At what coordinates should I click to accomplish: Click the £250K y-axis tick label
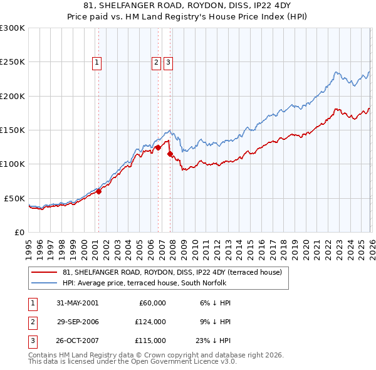pos(13,62)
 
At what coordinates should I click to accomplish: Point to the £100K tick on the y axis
pos(13,164)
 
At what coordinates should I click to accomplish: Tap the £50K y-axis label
pos(15,198)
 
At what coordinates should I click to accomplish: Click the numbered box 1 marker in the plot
pos(98,62)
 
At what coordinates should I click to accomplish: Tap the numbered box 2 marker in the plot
pos(156,62)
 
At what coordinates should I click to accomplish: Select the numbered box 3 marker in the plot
pos(169,62)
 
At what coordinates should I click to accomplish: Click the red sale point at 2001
pos(99,191)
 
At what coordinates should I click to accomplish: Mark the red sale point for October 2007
pos(170,154)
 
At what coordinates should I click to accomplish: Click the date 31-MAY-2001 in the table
pos(77,303)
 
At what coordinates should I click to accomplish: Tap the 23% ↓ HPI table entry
pos(212,341)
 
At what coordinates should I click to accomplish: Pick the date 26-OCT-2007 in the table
pos(77,341)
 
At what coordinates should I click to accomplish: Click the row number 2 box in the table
pos(31,322)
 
